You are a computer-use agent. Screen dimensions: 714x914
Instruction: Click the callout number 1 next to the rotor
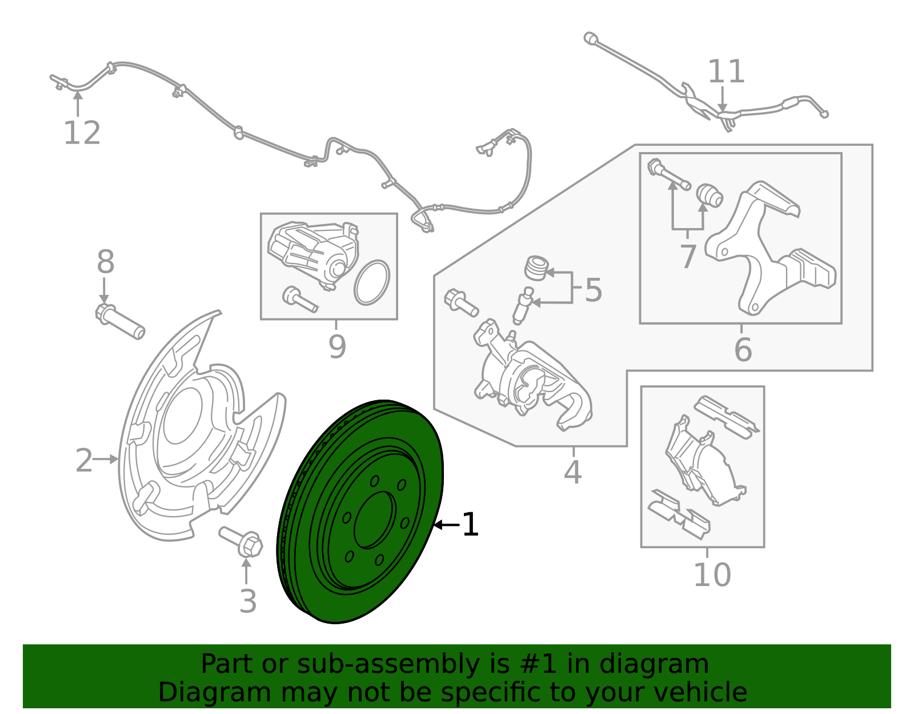[x=470, y=525]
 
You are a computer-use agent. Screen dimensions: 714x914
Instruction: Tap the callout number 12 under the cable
[x=82, y=133]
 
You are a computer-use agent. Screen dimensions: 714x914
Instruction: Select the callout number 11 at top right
[x=726, y=73]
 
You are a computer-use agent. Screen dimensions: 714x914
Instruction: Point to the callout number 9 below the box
[x=337, y=346]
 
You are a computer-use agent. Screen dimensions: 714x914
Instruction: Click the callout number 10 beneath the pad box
[x=712, y=575]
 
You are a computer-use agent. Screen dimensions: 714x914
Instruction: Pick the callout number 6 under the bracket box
[x=743, y=350]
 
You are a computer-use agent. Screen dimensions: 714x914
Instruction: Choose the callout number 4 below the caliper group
[x=572, y=472]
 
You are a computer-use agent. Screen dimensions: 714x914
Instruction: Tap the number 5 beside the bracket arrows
[x=594, y=290]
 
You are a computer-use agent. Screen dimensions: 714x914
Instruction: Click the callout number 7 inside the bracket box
[x=688, y=257]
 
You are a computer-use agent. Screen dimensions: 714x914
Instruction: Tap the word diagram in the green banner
[x=666, y=665]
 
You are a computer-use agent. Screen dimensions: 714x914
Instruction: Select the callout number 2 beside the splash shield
[x=84, y=460]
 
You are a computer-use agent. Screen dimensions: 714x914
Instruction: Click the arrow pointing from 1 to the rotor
[x=446, y=525]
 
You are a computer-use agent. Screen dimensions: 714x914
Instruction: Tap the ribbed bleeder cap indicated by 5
[x=536, y=268]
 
